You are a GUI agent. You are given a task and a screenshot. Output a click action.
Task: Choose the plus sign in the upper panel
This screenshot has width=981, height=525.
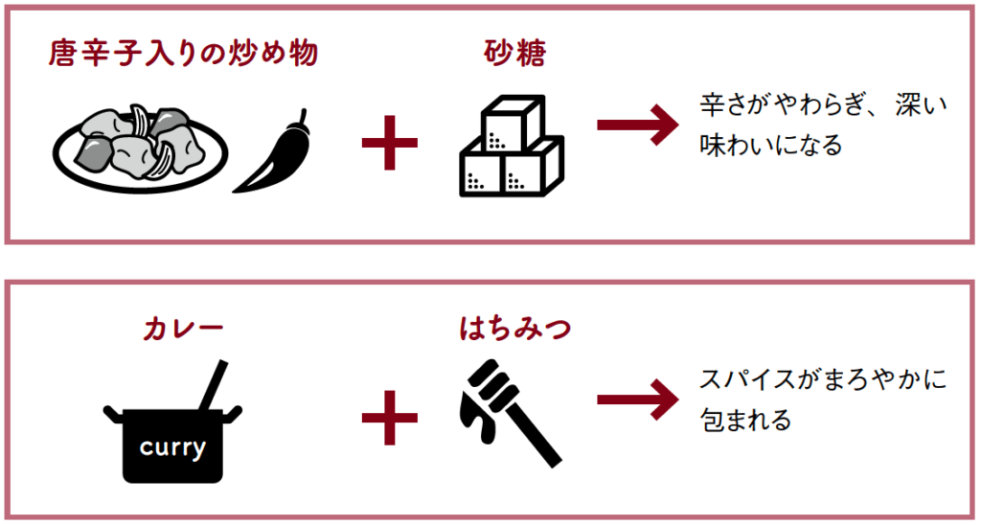390,143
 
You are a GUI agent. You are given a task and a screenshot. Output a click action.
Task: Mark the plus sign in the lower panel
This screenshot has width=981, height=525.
390,417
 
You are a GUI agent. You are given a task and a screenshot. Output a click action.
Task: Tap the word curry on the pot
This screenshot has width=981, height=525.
172,446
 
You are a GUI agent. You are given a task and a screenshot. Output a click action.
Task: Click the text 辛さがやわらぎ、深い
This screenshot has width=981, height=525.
821,107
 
